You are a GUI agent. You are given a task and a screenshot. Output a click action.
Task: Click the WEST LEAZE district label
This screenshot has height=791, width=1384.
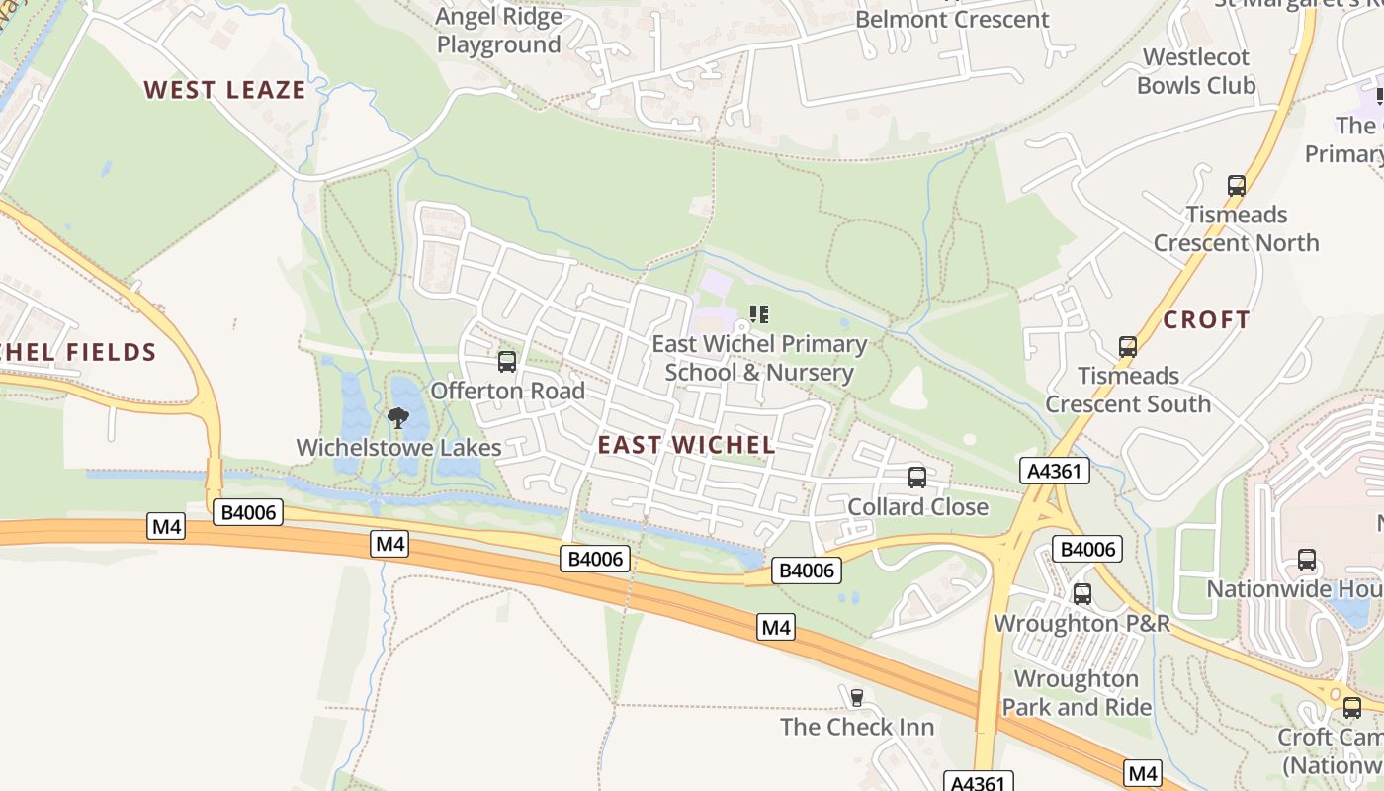[224, 90]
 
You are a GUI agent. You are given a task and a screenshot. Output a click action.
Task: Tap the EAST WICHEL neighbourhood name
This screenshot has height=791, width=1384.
[686, 445]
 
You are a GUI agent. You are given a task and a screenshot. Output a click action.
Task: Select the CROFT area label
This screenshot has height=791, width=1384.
[1206, 320]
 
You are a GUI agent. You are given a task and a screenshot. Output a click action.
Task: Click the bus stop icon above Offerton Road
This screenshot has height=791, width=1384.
[507, 362]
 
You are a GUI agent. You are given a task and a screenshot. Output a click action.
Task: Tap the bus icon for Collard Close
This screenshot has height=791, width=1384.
[917, 478]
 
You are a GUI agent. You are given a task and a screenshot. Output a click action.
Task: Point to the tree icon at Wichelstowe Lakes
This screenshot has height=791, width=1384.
[398, 417]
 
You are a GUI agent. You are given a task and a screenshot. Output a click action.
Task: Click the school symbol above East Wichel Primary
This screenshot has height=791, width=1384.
[758, 314]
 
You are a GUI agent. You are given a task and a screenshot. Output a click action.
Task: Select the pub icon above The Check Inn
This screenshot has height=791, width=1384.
[857, 697]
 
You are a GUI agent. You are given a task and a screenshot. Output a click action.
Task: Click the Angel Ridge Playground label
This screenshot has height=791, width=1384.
[499, 31]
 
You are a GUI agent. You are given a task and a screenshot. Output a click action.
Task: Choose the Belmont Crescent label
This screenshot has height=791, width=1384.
[952, 20]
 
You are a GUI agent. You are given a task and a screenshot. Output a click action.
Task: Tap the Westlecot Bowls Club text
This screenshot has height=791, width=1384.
[1196, 71]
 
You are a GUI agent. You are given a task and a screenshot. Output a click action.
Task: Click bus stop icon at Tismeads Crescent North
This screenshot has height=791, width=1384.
[1236, 185]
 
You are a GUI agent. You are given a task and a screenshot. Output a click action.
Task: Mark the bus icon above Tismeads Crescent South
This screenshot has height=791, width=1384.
[1128, 347]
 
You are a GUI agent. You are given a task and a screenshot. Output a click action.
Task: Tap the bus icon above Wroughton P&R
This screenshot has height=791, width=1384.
[1082, 594]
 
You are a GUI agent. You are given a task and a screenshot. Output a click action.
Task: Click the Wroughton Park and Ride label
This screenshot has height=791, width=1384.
[1077, 693]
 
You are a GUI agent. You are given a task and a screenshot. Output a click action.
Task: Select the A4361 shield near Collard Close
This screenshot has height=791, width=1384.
[1054, 471]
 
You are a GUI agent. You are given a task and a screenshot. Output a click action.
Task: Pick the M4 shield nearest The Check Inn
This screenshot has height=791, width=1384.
[776, 627]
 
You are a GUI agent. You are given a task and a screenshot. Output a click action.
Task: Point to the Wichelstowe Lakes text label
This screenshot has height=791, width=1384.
[399, 448]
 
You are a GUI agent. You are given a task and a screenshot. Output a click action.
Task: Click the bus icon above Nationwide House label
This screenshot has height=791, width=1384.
[1307, 560]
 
